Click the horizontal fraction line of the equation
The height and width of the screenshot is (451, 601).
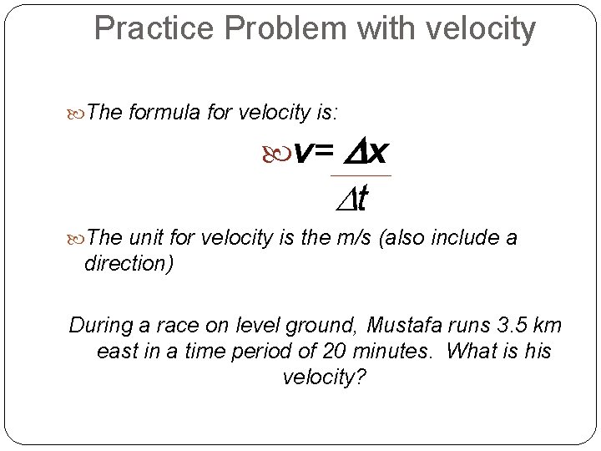pyautogui.click(x=361, y=176)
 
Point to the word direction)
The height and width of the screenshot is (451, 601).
pyautogui.click(x=129, y=263)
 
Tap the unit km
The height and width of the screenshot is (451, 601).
pyautogui.click(x=543, y=324)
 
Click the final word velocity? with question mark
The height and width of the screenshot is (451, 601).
pyautogui.click(x=324, y=378)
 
